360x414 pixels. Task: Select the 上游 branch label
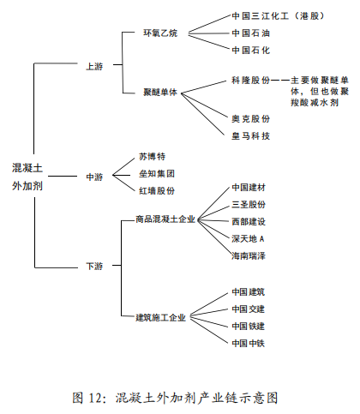pyautogui.click(x=94, y=66)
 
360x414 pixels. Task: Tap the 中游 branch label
pyautogui.click(x=94, y=177)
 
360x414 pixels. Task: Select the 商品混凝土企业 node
pyautogui.click(x=165, y=219)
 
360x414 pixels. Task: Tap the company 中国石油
pyautogui.click(x=249, y=33)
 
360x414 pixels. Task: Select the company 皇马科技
pyautogui.click(x=249, y=135)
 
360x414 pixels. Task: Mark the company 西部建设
pyautogui.click(x=249, y=221)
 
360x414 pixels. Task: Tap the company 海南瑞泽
pyautogui.click(x=249, y=255)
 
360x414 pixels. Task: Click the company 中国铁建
pyautogui.click(x=249, y=326)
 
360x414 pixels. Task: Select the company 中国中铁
pyautogui.click(x=249, y=343)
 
